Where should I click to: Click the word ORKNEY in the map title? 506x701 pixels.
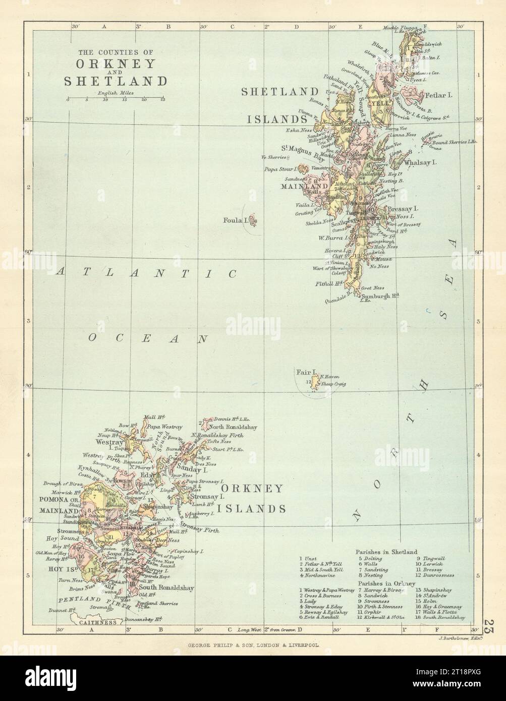tap(117, 66)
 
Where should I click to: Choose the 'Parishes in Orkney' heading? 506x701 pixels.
tap(380, 583)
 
